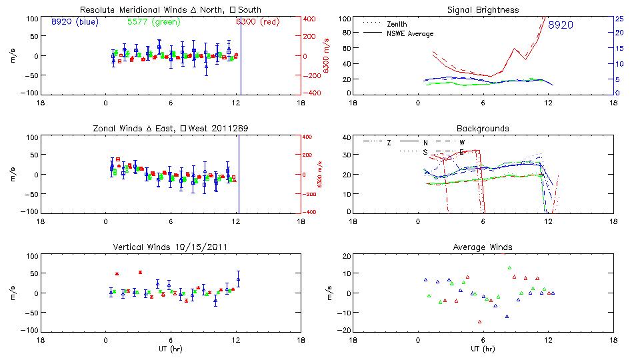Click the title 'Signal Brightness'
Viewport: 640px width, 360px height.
click(x=483, y=10)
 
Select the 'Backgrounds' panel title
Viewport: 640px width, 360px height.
click(x=483, y=128)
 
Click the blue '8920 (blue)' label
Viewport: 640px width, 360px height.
click(x=74, y=22)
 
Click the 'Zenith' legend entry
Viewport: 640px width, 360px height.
click(x=396, y=24)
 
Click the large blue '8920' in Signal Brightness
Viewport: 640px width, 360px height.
click(x=560, y=25)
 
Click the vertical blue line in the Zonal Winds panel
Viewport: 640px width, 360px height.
click(x=239, y=173)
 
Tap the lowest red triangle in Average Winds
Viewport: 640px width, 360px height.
click(x=479, y=321)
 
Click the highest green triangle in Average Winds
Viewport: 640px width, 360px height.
click(x=509, y=268)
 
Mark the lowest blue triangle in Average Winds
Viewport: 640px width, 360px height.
click(x=507, y=317)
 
